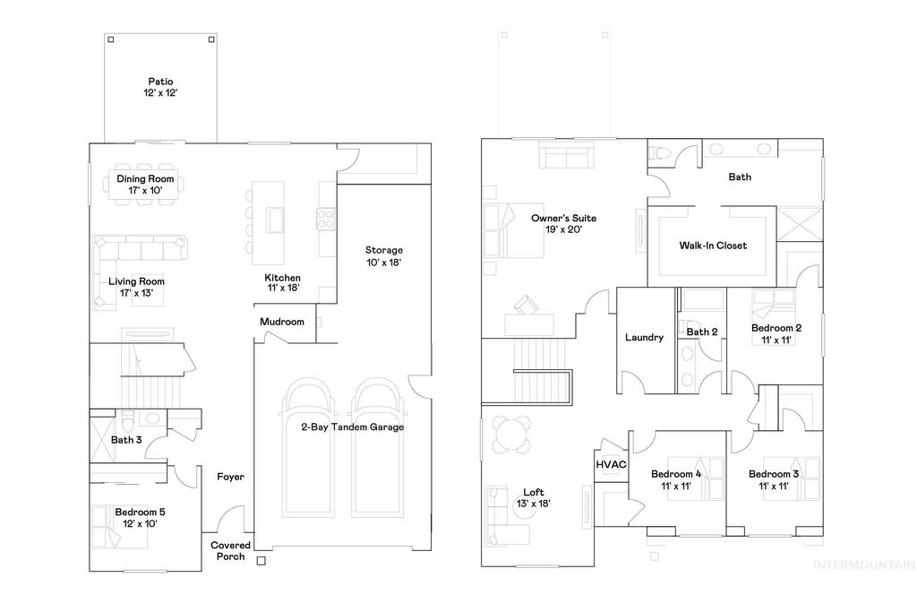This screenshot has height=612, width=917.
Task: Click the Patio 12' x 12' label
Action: coord(160,87)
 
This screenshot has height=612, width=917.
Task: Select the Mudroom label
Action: coord(282,322)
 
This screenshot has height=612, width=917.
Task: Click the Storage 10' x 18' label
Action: coord(383,255)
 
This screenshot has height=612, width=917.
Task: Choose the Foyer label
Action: coord(230,477)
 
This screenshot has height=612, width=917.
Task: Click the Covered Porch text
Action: coord(230,550)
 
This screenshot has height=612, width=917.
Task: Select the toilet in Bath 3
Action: coord(129,419)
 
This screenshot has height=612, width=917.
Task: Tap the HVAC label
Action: coord(611,465)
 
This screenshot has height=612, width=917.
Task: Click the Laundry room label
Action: coord(644,337)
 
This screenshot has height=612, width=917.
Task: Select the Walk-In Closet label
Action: coord(713,245)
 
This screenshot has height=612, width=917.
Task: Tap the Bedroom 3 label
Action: coord(774,479)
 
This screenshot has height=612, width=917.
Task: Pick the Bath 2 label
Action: coord(702,332)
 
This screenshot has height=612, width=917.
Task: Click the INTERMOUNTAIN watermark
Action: coord(862,565)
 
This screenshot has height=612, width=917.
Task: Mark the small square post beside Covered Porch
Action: coord(261,562)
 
